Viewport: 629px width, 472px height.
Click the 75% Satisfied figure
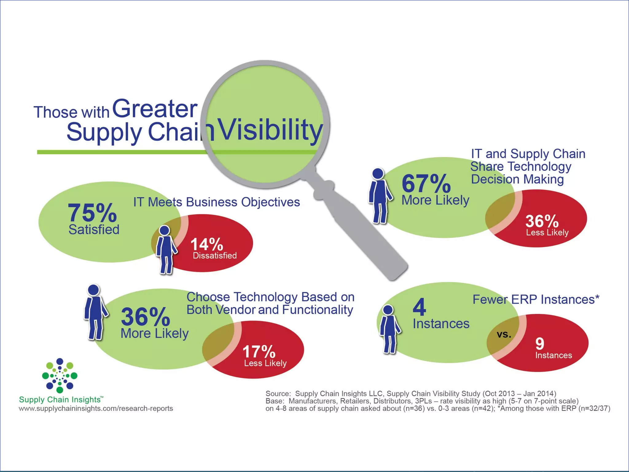[92, 213]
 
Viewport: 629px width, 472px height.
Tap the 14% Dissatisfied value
[207, 245]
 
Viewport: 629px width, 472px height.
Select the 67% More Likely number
[426, 184]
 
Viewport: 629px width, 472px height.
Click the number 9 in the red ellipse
[540, 344]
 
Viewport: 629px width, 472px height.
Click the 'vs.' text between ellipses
[504, 334]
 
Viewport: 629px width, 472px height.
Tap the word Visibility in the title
[270, 131]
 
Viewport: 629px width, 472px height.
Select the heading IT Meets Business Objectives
[217, 202]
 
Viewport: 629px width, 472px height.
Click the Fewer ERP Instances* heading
[536, 299]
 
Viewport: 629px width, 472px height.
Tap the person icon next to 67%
[380, 195]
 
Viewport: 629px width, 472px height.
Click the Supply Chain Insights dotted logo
[60, 376]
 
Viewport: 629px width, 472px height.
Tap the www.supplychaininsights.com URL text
[96, 408]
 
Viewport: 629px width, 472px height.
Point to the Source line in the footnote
[411, 394]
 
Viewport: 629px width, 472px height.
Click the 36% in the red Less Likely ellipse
[542, 221]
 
